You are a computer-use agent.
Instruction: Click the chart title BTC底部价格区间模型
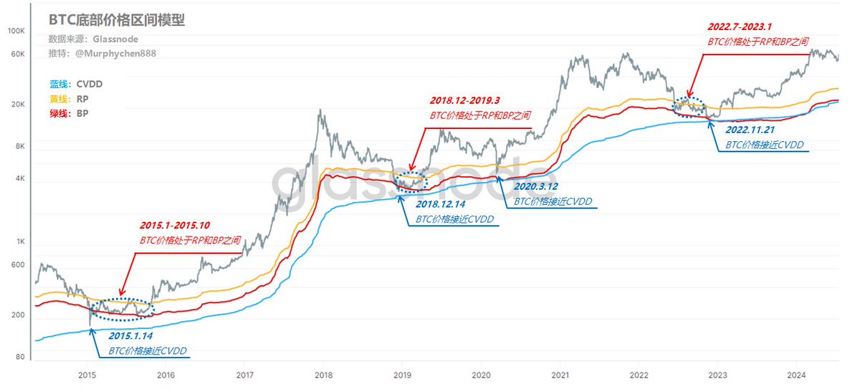click(x=117, y=20)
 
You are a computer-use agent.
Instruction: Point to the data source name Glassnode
click(x=116, y=39)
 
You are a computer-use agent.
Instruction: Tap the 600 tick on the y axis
click(x=17, y=266)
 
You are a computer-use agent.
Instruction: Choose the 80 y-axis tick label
click(x=19, y=357)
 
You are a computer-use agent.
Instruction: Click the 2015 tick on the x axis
click(x=87, y=375)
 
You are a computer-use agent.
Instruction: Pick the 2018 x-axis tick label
click(x=324, y=375)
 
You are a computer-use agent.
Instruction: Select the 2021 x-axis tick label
click(x=560, y=375)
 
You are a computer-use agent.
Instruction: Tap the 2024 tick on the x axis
click(x=795, y=375)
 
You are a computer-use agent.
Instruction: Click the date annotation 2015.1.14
click(x=130, y=335)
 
